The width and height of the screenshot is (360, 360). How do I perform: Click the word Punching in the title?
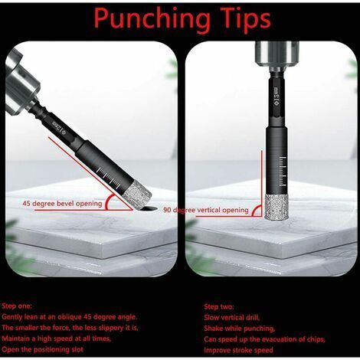point(152,19)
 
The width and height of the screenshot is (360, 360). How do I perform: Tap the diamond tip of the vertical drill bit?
point(277,207)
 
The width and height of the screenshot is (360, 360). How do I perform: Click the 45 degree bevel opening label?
point(62,204)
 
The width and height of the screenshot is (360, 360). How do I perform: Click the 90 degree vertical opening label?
point(206,210)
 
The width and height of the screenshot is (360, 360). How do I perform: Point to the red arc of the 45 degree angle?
point(110,201)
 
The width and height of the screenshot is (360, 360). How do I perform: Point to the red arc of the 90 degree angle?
point(257,210)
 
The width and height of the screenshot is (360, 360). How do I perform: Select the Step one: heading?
point(17,306)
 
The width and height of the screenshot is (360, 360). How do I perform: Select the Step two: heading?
point(219,306)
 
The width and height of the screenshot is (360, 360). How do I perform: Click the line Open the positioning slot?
point(42,349)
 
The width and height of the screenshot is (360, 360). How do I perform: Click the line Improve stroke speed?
point(238,350)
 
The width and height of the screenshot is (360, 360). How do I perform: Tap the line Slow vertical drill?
point(231,317)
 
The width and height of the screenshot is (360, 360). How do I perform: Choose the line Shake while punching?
point(239,329)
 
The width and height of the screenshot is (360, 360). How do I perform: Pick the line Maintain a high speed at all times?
point(57,339)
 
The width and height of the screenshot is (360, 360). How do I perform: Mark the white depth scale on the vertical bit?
point(282,172)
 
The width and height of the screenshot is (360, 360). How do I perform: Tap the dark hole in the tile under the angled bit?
point(148,208)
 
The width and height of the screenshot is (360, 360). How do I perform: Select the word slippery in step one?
point(112,328)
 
